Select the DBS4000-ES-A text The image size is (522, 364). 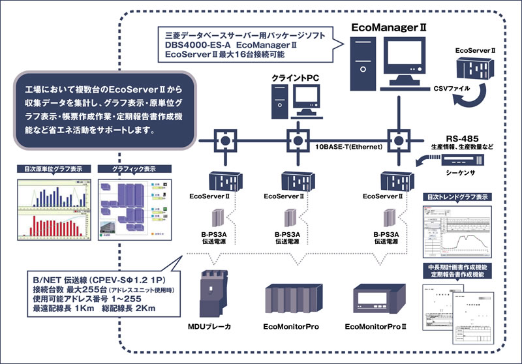pos(200,44)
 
